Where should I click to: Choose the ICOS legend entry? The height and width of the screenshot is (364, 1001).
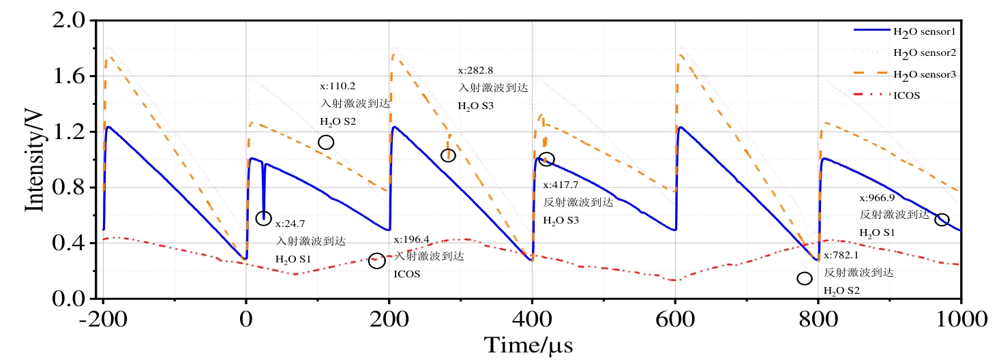tap(907, 95)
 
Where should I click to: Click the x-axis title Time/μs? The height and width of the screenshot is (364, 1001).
tap(528, 346)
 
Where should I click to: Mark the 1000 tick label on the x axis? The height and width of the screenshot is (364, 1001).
tap(960, 318)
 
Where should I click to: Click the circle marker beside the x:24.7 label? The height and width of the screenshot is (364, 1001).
tap(263, 218)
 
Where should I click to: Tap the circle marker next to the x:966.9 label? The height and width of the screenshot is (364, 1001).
tap(942, 219)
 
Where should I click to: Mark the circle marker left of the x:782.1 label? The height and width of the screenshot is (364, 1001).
tap(805, 278)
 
